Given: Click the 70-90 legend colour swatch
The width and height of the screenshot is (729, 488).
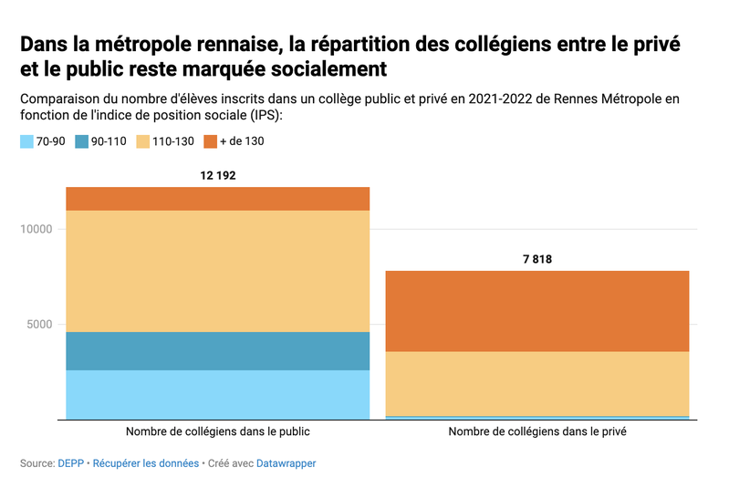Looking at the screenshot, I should pyautogui.click(x=26, y=141).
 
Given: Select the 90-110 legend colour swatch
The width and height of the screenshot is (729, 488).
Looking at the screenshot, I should pyautogui.click(x=82, y=141).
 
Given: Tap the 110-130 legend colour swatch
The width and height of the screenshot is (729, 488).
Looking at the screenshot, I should pyautogui.click(x=143, y=141).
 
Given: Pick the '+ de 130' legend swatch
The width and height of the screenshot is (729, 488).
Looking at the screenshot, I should pyautogui.click(x=211, y=141).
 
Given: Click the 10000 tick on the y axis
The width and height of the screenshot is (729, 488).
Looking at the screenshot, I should pyautogui.click(x=36, y=229).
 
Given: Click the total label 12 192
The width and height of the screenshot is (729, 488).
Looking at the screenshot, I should pyautogui.click(x=217, y=174).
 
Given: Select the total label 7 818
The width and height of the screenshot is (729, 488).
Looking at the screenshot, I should pyautogui.click(x=537, y=259).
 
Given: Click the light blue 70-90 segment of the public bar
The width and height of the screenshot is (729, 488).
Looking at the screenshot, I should pyautogui.click(x=217, y=394).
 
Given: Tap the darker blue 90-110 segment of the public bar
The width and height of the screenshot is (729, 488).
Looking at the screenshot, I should pyautogui.click(x=217, y=351).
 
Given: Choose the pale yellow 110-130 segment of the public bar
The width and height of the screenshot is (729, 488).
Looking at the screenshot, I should pyautogui.click(x=217, y=271).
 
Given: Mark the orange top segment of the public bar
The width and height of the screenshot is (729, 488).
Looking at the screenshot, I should pyautogui.click(x=217, y=199).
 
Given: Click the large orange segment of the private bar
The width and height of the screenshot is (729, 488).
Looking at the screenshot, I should pyautogui.click(x=537, y=311).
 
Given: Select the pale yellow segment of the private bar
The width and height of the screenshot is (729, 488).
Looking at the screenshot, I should pyautogui.click(x=537, y=383).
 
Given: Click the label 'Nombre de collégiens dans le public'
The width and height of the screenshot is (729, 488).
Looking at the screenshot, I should pyautogui.click(x=217, y=431).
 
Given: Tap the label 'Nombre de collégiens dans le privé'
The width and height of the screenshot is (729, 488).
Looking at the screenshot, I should pyautogui.click(x=537, y=431).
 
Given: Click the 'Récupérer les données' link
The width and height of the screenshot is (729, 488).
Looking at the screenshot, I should pyautogui.click(x=146, y=463).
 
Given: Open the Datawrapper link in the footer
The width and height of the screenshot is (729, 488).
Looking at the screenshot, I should pyautogui.click(x=286, y=463).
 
